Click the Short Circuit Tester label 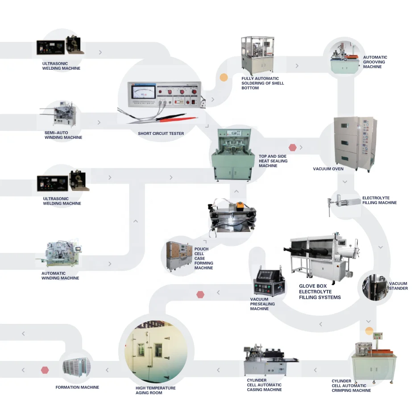161,134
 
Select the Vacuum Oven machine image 355,144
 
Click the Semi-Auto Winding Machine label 63,135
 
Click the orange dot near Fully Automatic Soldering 224,78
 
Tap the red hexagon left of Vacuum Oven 293,147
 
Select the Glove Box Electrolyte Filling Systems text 319,292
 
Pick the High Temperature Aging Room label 155,390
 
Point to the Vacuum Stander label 398,286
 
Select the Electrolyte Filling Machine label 379,200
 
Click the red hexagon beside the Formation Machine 45,370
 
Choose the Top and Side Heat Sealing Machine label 273,161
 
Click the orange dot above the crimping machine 369,331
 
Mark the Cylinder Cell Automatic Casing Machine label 264,385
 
